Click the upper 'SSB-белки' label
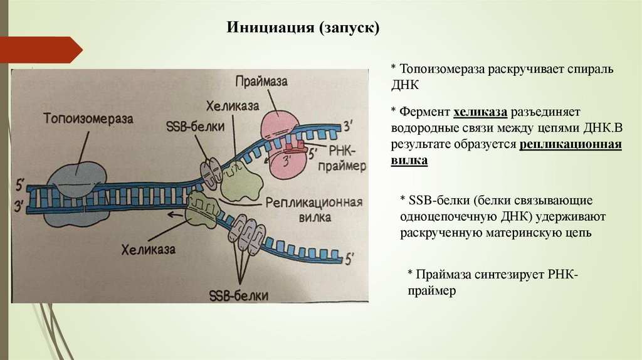coord(185,125)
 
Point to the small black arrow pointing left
coord(174,215)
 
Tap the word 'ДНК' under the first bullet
coord(405,83)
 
